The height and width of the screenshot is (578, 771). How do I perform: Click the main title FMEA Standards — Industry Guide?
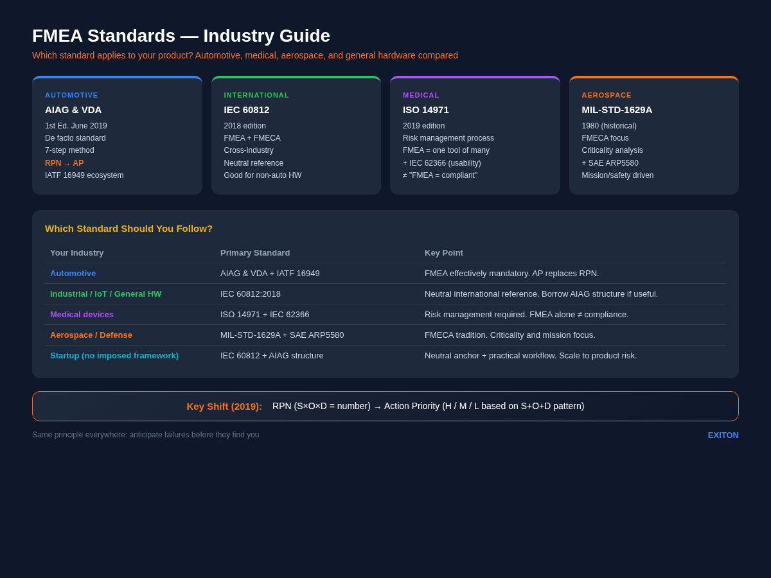point(181,36)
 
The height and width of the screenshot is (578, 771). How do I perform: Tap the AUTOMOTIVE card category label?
point(71,95)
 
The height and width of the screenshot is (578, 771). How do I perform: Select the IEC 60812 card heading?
point(247,110)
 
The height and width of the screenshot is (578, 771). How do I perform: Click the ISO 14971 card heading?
point(426,110)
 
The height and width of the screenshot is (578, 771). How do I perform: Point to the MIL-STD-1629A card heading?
point(617,110)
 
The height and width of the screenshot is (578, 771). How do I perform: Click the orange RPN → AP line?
point(64,163)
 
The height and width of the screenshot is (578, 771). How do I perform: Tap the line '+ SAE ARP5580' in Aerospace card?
point(610,163)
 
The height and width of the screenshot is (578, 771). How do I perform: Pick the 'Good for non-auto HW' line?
point(262,175)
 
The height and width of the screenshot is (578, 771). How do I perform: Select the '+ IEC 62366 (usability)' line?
point(441,163)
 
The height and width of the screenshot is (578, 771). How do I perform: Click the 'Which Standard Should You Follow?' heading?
point(128,229)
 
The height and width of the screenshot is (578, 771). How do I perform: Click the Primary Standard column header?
point(255,253)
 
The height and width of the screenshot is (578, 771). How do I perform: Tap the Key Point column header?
point(444,253)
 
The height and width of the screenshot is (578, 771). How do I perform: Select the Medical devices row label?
point(82,315)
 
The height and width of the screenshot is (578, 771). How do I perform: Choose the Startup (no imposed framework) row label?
point(114,356)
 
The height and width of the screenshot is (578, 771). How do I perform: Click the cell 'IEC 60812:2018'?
point(251,294)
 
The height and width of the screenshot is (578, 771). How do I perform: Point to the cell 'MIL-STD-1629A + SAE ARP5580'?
point(282,335)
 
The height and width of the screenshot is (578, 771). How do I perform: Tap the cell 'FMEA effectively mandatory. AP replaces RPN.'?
point(512,274)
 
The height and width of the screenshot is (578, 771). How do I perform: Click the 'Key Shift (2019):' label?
point(224,407)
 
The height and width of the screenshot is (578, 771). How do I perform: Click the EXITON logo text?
point(723,435)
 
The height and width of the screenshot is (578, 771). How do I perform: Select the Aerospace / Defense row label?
point(91,335)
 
